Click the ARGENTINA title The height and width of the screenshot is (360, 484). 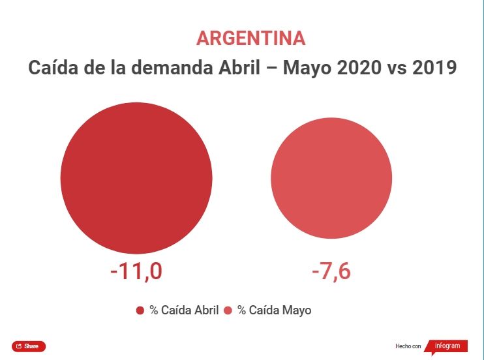(x=250, y=38)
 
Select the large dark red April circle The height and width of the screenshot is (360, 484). (x=136, y=178)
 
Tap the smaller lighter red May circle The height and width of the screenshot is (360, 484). (x=331, y=178)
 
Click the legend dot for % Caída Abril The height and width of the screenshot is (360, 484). (x=140, y=310)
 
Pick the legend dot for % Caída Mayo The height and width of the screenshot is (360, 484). (x=228, y=310)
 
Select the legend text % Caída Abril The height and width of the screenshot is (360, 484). (x=184, y=310)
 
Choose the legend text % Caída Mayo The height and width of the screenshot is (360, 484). (x=274, y=310)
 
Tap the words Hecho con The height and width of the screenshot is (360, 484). (x=408, y=346)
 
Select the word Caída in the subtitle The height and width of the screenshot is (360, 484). (x=51, y=68)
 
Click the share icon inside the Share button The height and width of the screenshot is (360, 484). (x=19, y=346)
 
